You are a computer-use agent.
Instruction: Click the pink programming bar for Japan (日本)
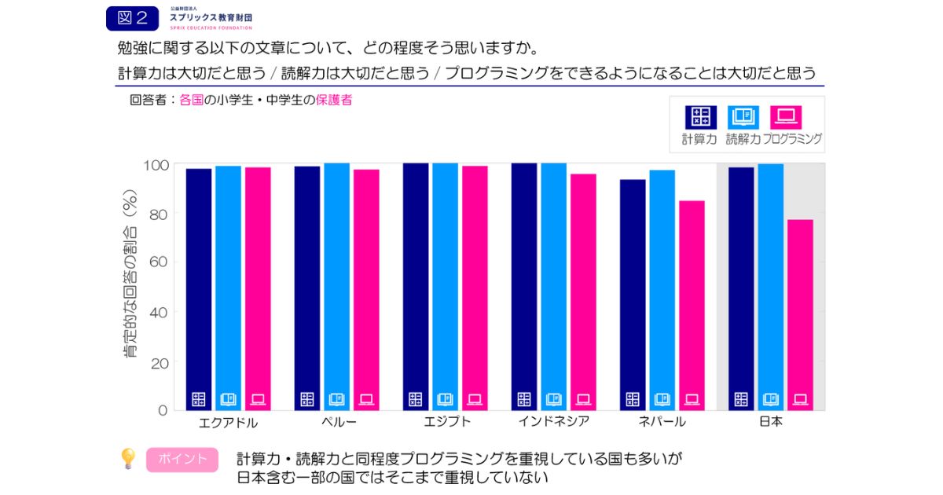pos(800,314)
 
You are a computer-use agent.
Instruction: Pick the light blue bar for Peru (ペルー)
pos(336,287)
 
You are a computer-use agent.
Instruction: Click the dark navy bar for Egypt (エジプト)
pos(416,287)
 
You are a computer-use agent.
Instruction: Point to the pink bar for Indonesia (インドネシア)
pos(583,291)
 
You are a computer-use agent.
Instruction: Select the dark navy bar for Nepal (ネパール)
pos(633,295)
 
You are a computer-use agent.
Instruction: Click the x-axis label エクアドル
pos(229,422)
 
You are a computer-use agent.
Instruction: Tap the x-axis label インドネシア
pos(553,421)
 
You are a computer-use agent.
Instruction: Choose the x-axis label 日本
pos(770,421)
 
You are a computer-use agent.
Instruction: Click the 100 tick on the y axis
pos(153,165)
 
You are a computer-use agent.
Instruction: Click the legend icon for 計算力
pos(700,117)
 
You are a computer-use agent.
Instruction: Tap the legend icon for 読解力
pos(743,117)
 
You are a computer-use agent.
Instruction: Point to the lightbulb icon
pos(127,459)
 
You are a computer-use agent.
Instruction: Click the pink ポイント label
pos(182,460)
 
